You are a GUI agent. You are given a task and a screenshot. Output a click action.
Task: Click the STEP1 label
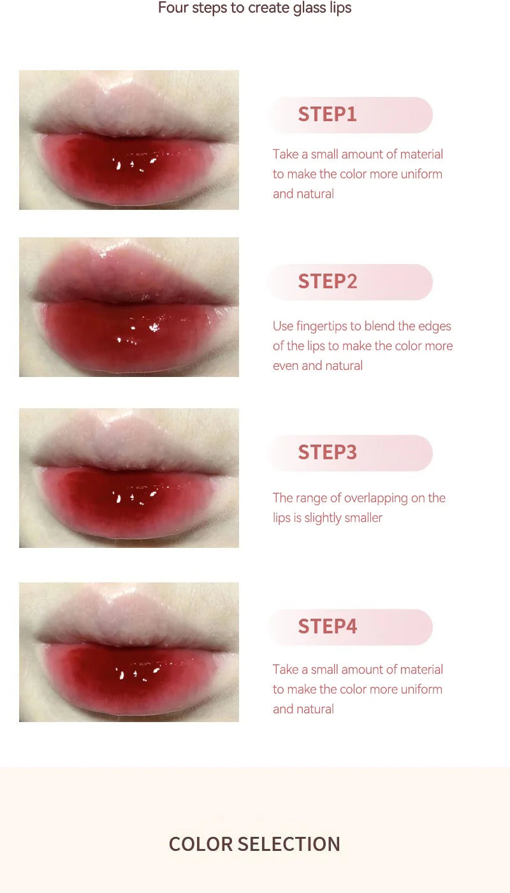point(327,114)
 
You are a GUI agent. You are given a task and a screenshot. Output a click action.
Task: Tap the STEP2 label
point(328,281)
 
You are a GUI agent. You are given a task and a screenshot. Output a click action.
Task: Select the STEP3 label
point(328,452)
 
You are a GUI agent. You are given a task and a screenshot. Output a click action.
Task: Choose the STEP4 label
point(328,626)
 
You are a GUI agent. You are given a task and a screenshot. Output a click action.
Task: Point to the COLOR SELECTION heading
point(254,844)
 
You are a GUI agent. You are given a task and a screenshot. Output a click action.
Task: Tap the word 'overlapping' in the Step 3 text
point(375,498)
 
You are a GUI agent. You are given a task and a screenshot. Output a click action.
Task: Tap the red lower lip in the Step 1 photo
point(128,170)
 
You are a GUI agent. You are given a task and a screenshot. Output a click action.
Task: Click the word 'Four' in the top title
point(173,8)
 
